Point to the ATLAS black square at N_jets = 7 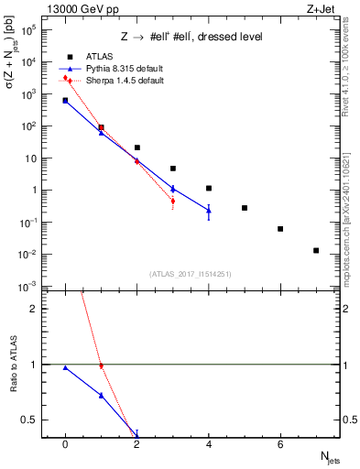pyautogui.click(x=316, y=250)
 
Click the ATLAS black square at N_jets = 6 pyautogui.click(x=280, y=229)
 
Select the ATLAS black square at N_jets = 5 pyautogui.click(x=245, y=208)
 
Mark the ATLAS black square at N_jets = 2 pyautogui.click(x=136, y=147)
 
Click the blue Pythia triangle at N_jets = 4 pyautogui.click(x=209, y=211)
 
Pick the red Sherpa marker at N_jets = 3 pyautogui.click(x=172, y=201)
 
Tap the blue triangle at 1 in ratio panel pyautogui.click(x=101, y=396)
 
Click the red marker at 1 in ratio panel pyautogui.click(x=101, y=366)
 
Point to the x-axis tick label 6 pyautogui.click(x=280, y=445)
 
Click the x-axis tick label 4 pyautogui.click(x=209, y=445)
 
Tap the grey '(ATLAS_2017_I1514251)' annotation pyautogui.click(x=191, y=274)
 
